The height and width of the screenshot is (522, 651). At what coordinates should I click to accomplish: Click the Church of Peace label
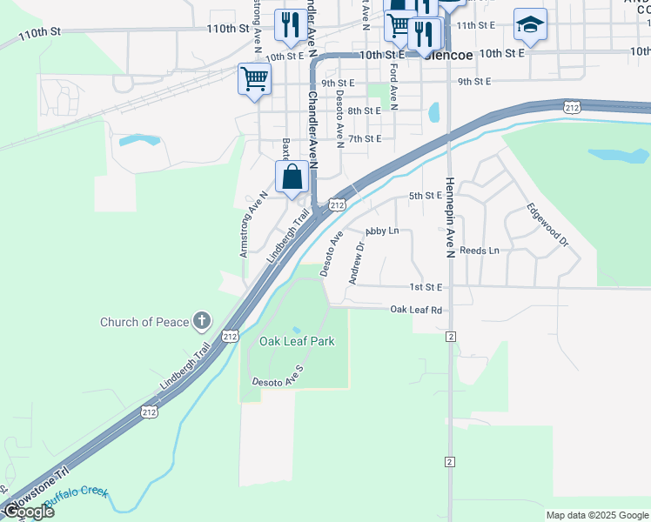[144, 322]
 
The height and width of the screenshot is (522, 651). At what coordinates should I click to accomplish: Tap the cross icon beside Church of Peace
[202, 322]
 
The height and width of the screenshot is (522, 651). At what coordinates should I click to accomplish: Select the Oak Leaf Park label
[297, 342]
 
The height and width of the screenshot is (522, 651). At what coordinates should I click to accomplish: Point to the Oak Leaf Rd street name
[416, 310]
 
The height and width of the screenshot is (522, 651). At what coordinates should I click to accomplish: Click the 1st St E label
[426, 287]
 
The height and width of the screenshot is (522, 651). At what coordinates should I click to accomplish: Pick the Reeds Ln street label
[480, 251]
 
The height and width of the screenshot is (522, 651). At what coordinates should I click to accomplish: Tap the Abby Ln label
[382, 231]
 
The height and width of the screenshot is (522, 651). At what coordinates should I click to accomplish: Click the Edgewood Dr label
[546, 225]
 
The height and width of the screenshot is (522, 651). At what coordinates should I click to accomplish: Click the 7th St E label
[365, 138]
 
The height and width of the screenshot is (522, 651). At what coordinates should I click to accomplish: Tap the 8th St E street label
[365, 111]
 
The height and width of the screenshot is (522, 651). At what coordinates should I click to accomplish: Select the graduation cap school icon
[529, 25]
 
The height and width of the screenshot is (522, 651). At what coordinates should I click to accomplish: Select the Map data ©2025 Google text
[596, 515]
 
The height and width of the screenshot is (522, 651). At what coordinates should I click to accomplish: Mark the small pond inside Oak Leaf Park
[297, 330]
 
